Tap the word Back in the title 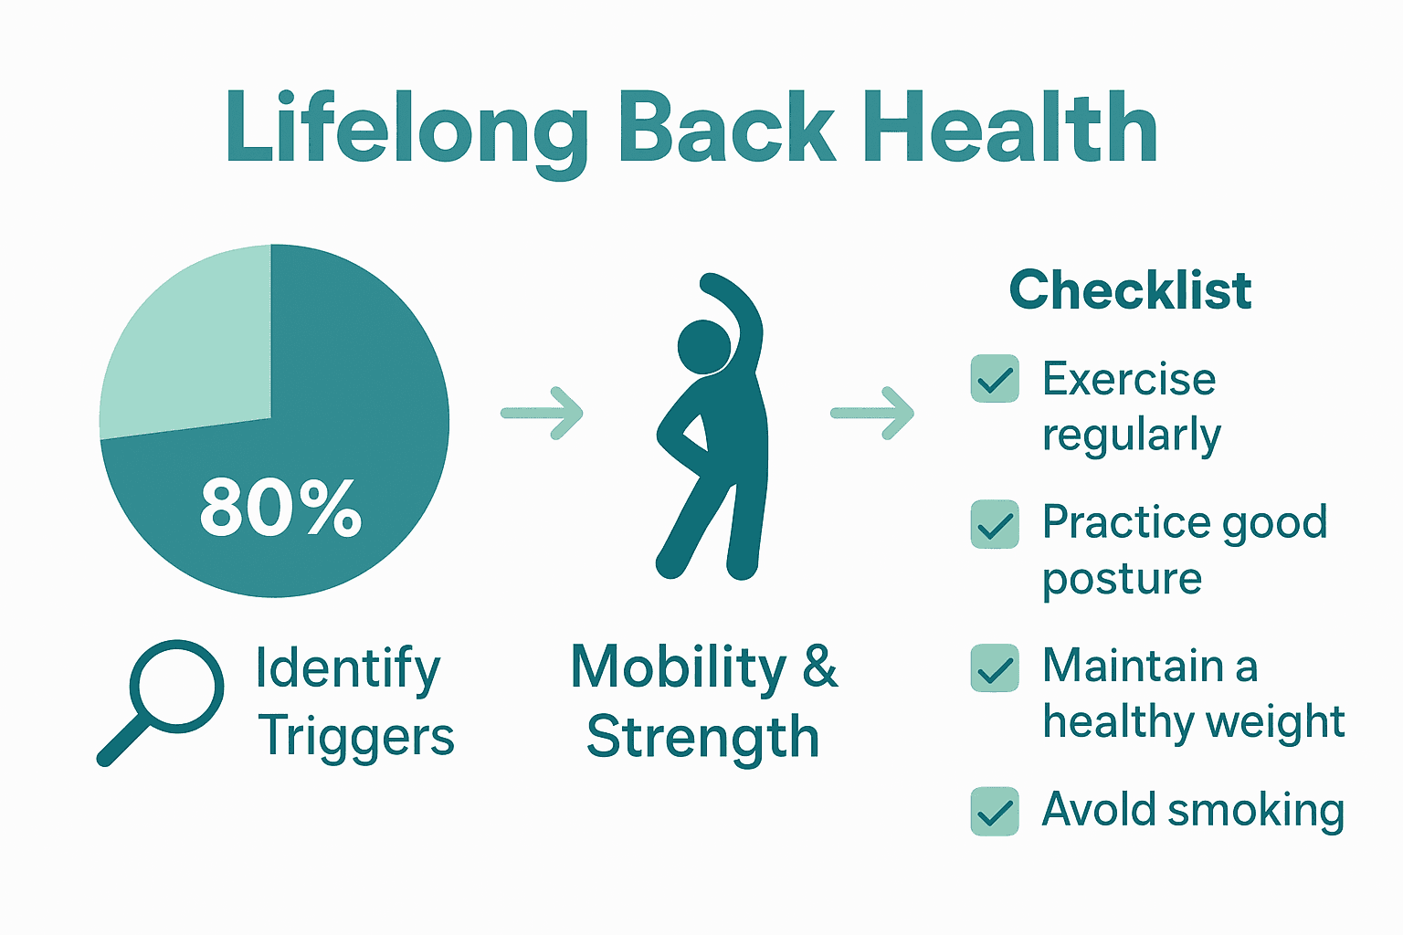(726, 127)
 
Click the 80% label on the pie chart (280, 508)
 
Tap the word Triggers (355, 737)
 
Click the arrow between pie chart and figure (542, 414)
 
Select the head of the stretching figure (704, 347)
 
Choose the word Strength (702, 738)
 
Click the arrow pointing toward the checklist (872, 414)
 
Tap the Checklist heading (1131, 290)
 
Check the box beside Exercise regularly (995, 378)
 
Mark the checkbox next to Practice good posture (995, 524)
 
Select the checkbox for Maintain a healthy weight (995, 667)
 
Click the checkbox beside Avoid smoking (995, 812)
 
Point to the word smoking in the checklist (1256, 811)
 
